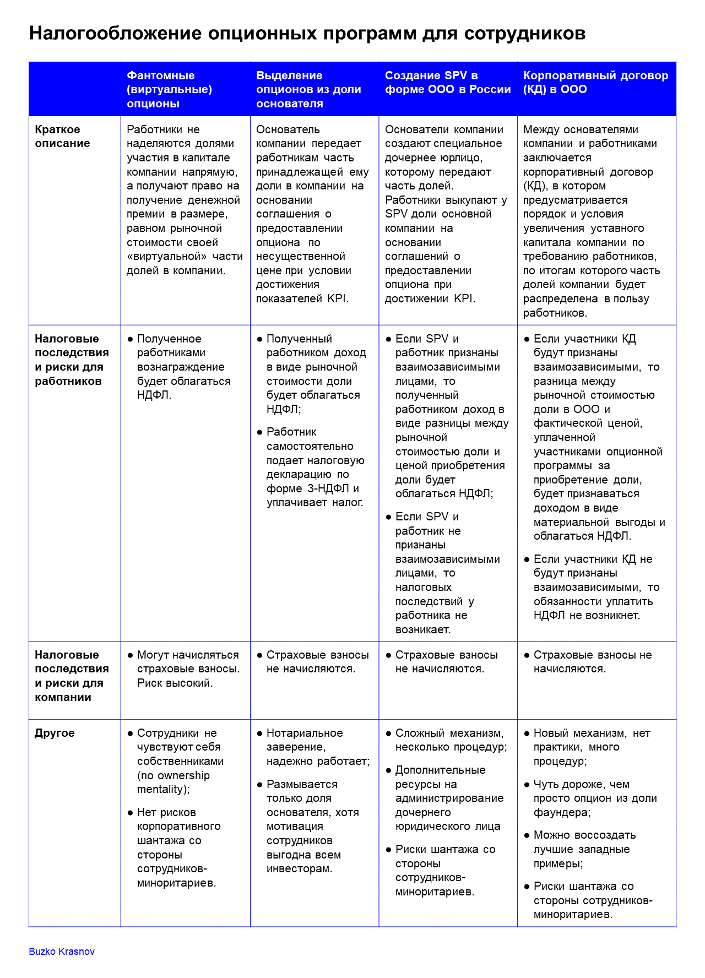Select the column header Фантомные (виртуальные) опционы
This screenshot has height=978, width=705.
[x=169, y=89]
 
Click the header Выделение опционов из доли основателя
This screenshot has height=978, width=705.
[x=308, y=89]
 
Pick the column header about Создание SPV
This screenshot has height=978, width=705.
[x=447, y=83]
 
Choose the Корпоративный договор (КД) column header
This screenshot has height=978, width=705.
[x=595, y=83]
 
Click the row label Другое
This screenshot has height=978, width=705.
[x=55, y=733]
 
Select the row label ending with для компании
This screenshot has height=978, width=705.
[x=72, y=676]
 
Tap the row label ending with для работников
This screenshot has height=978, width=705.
[x=72, y=360]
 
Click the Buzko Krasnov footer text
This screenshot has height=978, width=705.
[x=62, y=952]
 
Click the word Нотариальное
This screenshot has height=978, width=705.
[x=304, y=733]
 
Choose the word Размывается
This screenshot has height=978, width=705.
[x=302, y=784]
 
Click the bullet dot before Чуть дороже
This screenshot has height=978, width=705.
[x=527, y=784]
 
